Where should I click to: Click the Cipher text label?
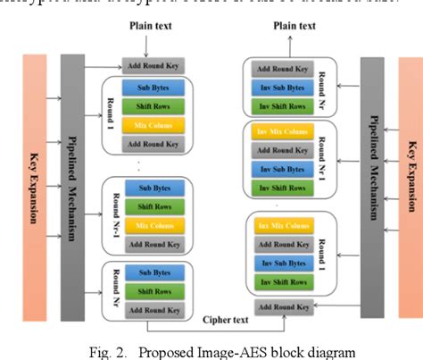click(x=224, y=317)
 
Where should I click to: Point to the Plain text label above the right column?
click(x=294, y=26)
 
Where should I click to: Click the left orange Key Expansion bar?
click(x=33, y=188)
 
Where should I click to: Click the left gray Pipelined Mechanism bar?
click(x=73, y=188)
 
